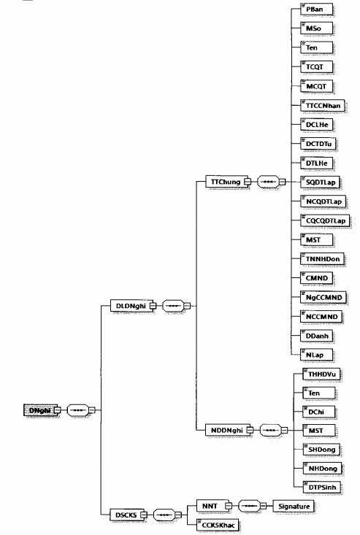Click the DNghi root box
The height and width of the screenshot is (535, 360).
(40, 410)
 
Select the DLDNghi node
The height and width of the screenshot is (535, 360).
(131, 306)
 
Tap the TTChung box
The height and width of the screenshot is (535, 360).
(226, 182)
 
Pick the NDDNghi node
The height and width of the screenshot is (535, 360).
(227, 430)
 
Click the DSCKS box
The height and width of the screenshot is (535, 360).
(126, 515)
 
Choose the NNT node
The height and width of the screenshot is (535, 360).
(212, 506)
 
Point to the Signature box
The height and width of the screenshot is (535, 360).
(294, 507)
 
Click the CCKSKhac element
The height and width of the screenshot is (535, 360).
(218, 525)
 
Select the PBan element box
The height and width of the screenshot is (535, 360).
(317, 9)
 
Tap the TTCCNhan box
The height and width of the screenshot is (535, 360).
(323, 105)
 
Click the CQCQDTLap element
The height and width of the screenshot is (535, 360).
(325, 220)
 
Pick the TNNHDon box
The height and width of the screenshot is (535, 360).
(323, 258)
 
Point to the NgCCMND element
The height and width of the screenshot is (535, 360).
(323, 297)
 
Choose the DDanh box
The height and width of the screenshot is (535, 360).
(317, 336)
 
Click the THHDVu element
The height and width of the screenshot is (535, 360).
(322, 374)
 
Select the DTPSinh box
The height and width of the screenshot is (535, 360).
(323, 487)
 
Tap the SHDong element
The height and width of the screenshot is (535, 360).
(322, 450)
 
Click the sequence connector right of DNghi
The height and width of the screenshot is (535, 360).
(81, 410)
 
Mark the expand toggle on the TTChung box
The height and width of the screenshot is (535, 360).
(248, 182)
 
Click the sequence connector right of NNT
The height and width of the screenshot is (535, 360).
(252, 506)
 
